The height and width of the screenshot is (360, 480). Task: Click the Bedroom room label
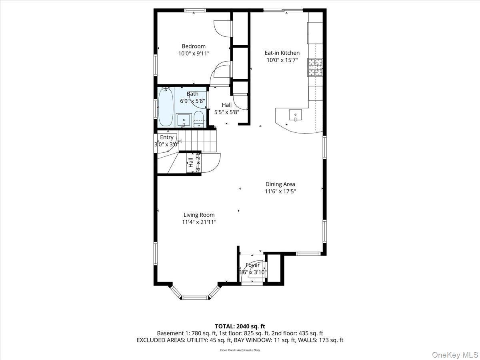pyautogui.click(x=194, y=46)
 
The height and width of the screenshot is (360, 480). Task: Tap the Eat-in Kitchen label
pyautogui.click(x=282, y=53)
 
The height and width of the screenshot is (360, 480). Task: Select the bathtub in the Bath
pyautogui.click(x=166, y=107)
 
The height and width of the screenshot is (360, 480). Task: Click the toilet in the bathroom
pyautogui.click(x=199, y=120)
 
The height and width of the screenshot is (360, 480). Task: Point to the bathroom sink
pyautogui.click(x=184, y=120)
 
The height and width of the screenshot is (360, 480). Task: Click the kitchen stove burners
pyautogui.click(x=314, y=67)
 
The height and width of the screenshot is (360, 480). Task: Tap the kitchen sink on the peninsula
pyautogui.click(x=295, y=115)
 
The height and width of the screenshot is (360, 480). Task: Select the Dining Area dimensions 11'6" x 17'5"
pyautogui.click(x=280, y=191)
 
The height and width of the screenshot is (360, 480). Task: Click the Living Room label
pyautogui.click(x=199, y=215)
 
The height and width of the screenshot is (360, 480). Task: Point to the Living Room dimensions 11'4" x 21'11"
pyautogui.click(x=199, y=222)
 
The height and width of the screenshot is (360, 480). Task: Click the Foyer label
pyautogui.click(x=252, y=265)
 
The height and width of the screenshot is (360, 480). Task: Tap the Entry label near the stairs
pyautogui.click(x=167, y=137)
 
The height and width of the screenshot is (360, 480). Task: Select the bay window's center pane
pyautogui.click(x=194, y=297)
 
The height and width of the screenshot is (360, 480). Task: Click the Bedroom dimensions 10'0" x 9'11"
pyautogui.click(x=194, y=53)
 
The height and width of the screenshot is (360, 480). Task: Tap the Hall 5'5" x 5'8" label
pyautogui.click(x=226, y=109)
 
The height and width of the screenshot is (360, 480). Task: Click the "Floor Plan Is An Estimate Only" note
pyautogui.click(x=240, y=350)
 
